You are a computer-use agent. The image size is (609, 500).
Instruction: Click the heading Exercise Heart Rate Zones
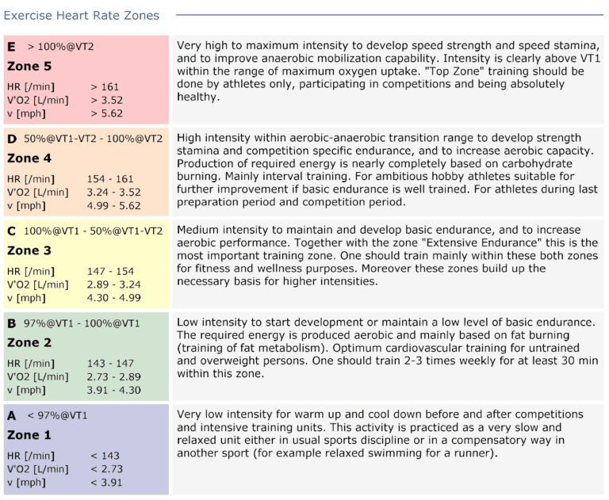tap(82, 15)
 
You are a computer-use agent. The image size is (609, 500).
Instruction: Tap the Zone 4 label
tap(29, 158)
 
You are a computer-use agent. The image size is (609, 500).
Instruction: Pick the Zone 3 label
tap(29, 250)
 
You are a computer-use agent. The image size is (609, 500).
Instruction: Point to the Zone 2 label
tap(29, 342)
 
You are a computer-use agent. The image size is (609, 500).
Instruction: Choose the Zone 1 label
tap(29, 435)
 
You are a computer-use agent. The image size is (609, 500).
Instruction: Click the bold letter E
tap(11, 46)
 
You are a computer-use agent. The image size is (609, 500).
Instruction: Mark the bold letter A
tap(11, 415)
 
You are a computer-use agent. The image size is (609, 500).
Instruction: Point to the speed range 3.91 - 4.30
tap(114, 390)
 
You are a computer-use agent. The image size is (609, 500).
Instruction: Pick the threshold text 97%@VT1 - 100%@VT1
tap(82, 323)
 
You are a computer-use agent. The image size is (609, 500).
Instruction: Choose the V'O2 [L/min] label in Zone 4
tap(37, 192)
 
